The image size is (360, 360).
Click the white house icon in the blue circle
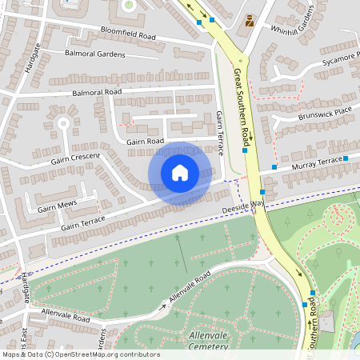click(x=180, y=173)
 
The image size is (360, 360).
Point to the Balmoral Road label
click(x=96, y=92)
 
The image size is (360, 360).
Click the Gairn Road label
click(x=145, y=142)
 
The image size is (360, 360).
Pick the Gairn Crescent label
click(x=76, y=157)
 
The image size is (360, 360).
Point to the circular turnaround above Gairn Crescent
click(x=62, y=122)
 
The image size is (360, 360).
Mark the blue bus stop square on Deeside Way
click(x=262, y=193)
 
